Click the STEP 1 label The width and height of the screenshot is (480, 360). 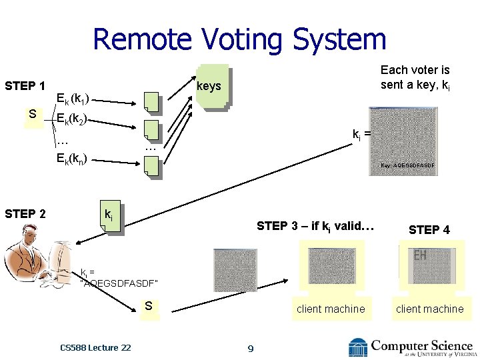(25, 86)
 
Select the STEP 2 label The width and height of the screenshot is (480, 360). (25, 214)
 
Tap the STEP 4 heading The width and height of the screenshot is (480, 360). (429, 230)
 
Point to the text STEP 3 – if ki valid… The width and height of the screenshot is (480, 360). (315, 226)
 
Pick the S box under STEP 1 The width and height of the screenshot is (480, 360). (33, 115)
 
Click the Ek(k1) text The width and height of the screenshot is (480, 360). (78, 101)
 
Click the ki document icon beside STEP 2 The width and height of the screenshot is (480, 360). (109, 217)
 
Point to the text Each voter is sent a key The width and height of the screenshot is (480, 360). (415, 77)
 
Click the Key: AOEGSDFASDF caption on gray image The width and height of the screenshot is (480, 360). (407, 165)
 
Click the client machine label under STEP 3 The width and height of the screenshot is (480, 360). (331, 309)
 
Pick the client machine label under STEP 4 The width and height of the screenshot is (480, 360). (429, 309)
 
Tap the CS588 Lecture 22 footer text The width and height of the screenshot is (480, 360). (95, 347)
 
